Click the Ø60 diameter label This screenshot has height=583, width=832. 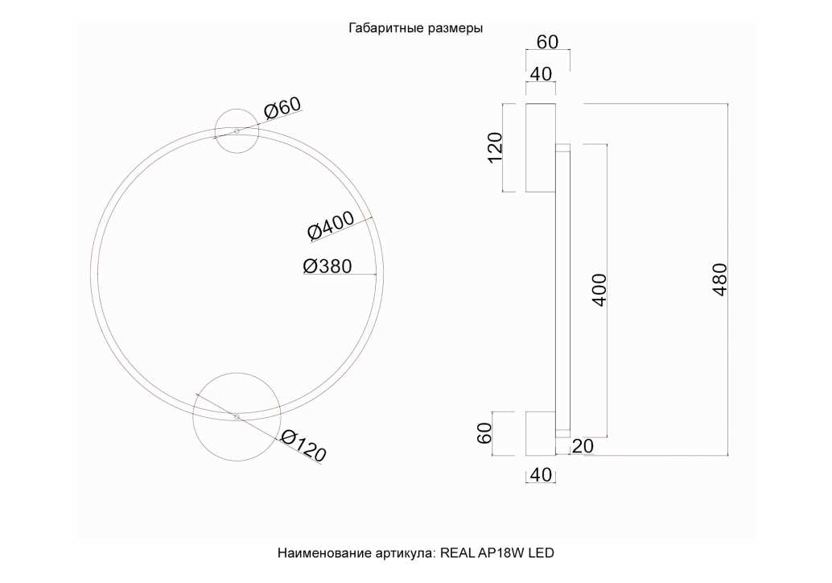pyautogui.click(x=282, y=108)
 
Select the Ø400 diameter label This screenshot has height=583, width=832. pyautogui.click(x=332, y=225)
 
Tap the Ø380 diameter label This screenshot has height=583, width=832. pyautogui.click(x=327, y=266)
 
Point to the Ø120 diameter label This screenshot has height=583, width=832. pyautogui.click(x=303, y=445)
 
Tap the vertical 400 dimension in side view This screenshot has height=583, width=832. pyautogui.click(x=599, y=289)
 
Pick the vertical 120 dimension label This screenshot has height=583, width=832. pyautogui.click(x=495, y=147)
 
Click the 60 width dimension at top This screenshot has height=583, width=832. pyautogui.click(x=548, y=41)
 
